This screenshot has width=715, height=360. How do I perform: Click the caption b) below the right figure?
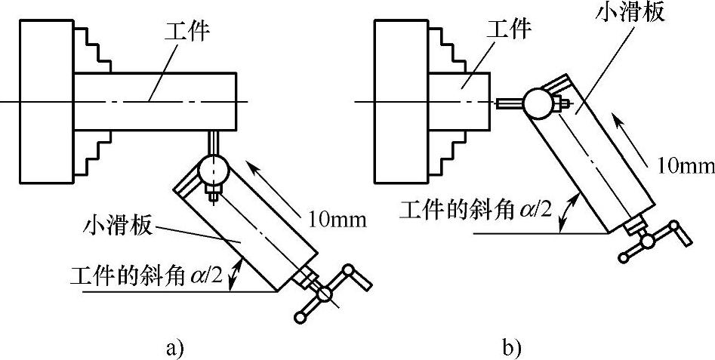pyautogui.click(x=511, y=348)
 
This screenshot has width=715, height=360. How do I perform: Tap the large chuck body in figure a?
pyautogui.click(x=45, y=101)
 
